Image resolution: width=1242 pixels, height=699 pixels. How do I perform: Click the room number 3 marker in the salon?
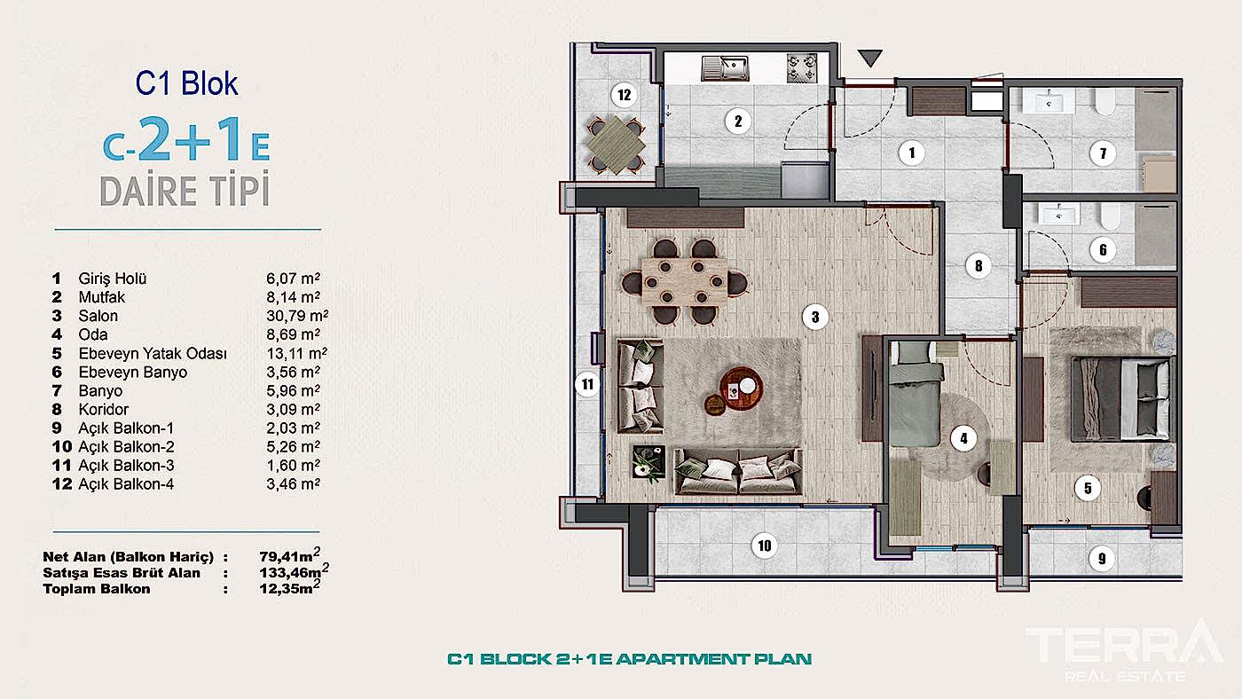[x=814, y=316]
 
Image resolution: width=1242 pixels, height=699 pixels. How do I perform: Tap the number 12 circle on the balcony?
[x=625, y=94]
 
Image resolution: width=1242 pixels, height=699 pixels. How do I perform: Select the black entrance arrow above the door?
[x=870, y=59]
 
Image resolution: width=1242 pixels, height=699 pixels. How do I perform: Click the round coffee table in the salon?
[x=739, y=386]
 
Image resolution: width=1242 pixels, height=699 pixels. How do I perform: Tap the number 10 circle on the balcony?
[x=765, y=546]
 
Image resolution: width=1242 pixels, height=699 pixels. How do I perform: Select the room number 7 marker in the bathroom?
[x=1102, y=153]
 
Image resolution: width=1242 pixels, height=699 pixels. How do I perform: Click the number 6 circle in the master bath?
[x=1102, y=250]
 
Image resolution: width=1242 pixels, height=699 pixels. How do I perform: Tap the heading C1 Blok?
[x=186, y=83]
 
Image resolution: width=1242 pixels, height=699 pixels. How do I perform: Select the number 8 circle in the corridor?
[x=978, y=264]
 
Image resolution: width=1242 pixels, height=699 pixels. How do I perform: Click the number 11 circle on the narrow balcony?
[x=587, y=385]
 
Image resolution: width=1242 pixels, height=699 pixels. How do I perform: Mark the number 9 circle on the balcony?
[x=1102, y=559]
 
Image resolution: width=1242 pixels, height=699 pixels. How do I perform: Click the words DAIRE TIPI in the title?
[x=185, y=191]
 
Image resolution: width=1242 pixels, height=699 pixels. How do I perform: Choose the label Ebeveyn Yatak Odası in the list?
[x=153, y=353]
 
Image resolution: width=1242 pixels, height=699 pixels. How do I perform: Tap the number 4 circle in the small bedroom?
[x=962, y=436]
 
